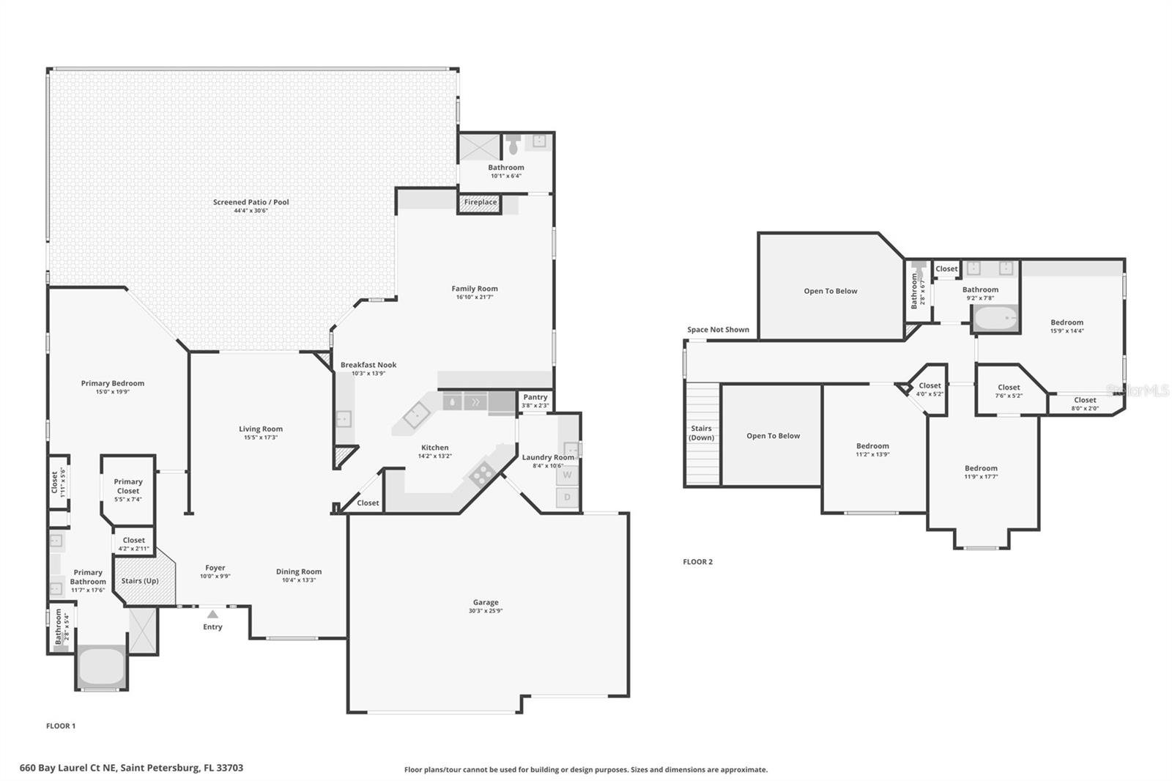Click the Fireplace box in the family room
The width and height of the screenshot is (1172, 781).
[x=480, y=202]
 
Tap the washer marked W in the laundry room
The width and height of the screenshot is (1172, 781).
[x=567, y=475]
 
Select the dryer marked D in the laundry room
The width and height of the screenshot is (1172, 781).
[x=567, y=497]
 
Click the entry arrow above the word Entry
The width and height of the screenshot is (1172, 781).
[x=212, y=615]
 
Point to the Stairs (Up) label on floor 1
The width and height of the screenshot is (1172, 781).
[x=140, y=581]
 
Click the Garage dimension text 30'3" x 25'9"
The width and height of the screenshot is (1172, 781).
[x=485, y=611]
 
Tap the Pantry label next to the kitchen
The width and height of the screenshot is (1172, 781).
[x=535, y=397]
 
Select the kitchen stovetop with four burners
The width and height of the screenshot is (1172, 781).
[x=481, y=475]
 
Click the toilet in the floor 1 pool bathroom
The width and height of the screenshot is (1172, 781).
[x=513, y=145]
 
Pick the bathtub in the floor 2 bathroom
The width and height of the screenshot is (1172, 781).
[x=995, y=319]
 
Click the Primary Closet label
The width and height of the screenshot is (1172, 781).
[x=128, y=486]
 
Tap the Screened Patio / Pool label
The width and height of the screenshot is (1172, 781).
[x=251, y=202]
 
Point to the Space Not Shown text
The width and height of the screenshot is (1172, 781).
[x=718, y=330]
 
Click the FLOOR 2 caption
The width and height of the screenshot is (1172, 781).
[x=697, y=562]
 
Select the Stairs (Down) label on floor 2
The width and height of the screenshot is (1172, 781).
[x=701, y=433]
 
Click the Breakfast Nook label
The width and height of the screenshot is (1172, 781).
[x=368, y=365]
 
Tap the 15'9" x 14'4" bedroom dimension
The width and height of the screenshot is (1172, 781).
[x=1067, y=330]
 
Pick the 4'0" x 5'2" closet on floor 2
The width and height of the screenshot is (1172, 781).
[x=930, y=389]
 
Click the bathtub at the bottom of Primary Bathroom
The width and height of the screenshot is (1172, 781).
[x=101, y=666]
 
